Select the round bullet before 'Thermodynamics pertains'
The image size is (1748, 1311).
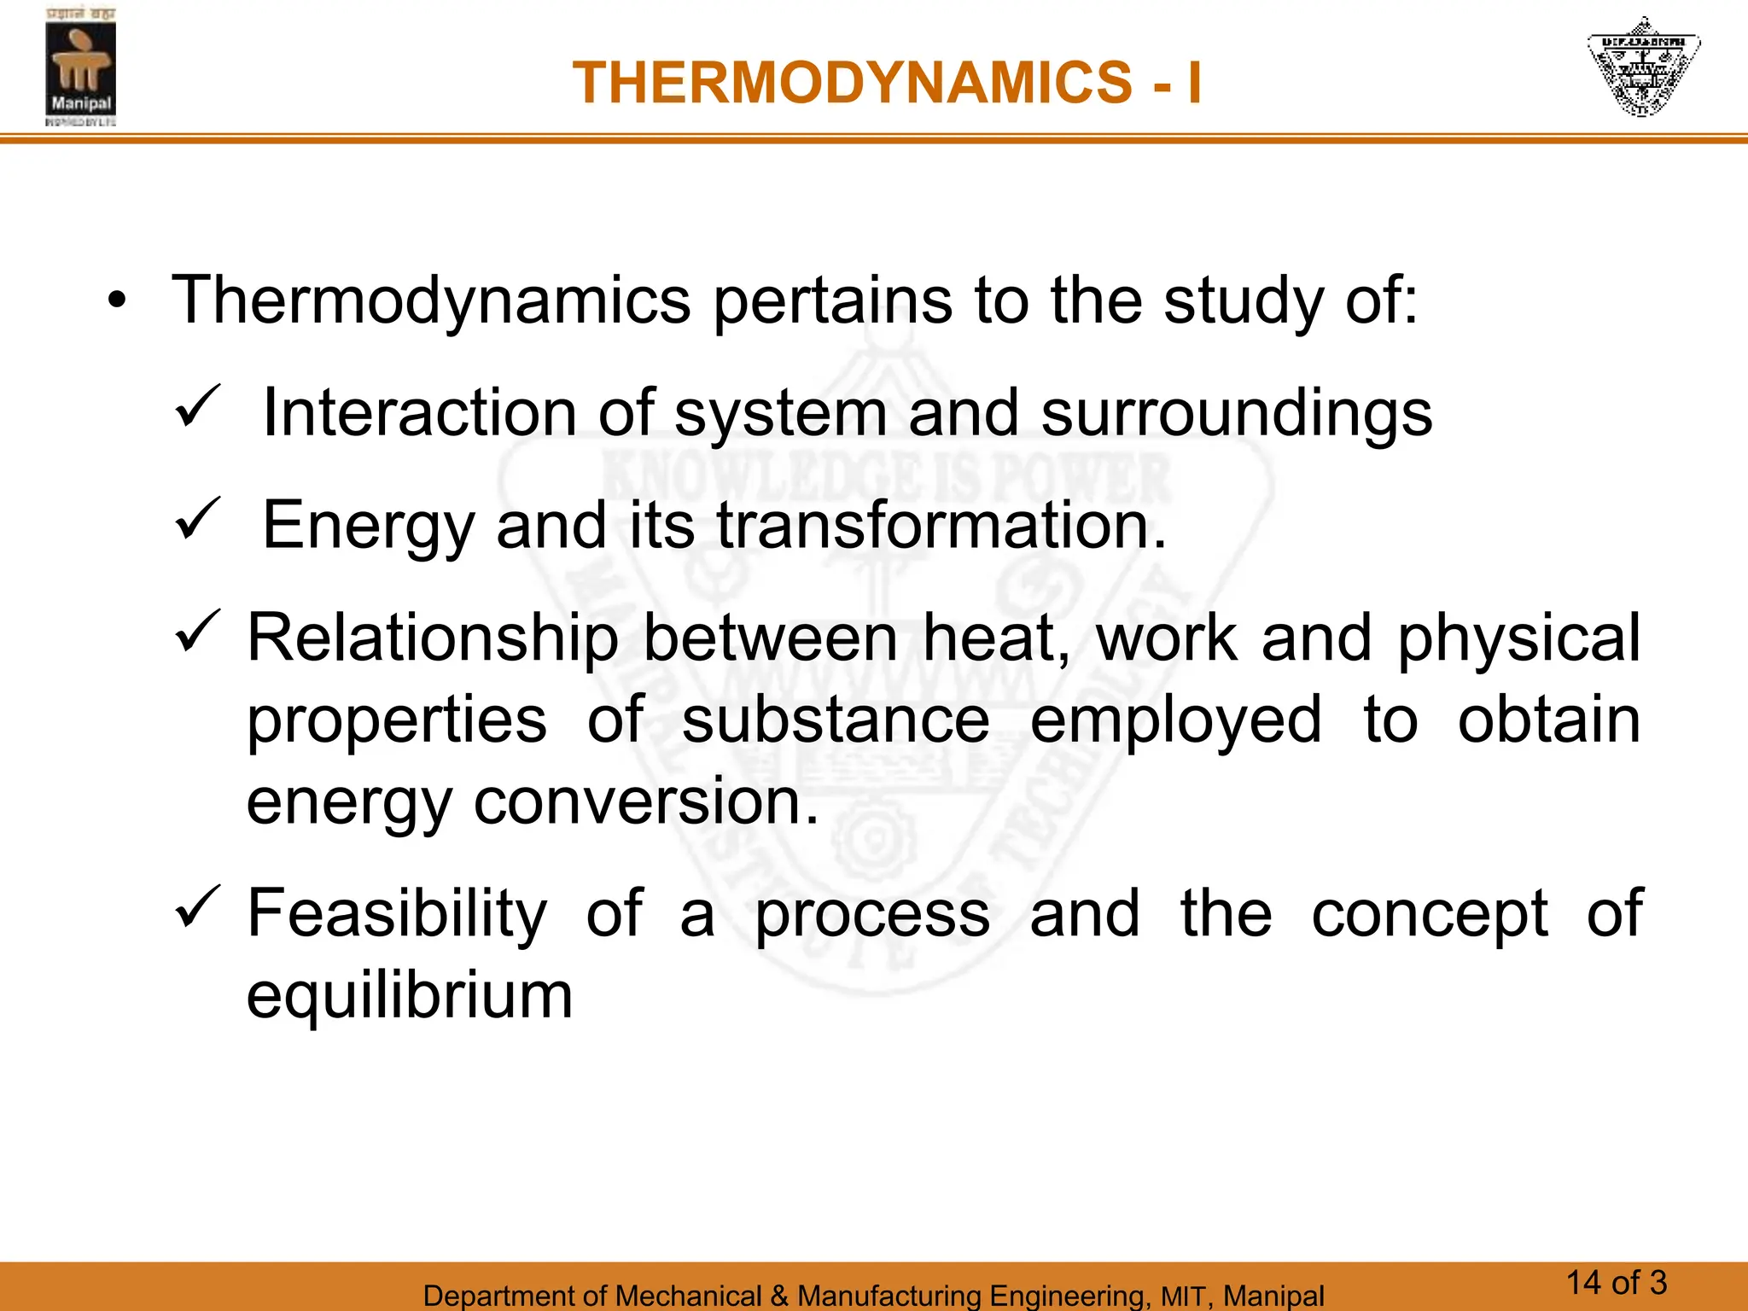(117, 300)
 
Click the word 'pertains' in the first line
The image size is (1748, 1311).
(832, 300)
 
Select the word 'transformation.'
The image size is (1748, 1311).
(941, 525)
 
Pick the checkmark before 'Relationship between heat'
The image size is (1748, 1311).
(197, 632)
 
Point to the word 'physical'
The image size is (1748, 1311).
(1518, 638)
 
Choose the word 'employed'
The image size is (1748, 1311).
(1176, 721)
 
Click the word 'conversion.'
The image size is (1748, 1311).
(646, 801)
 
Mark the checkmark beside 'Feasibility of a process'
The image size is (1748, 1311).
(197, 907)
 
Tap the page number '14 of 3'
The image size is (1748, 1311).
(1616, 1283)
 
